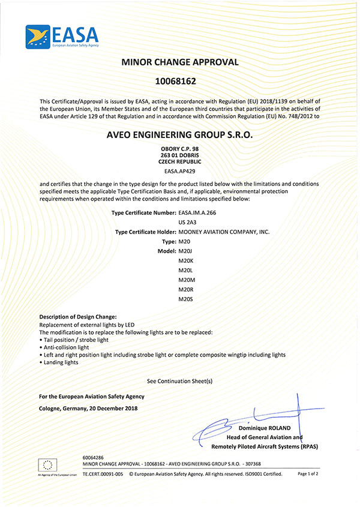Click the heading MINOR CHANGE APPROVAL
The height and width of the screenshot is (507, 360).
coord(180,62)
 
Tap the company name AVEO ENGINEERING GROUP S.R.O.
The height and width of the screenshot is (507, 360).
coord(180,136)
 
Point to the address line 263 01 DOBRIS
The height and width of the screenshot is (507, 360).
coord(180,155)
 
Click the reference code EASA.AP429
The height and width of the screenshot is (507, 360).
coord(180,171)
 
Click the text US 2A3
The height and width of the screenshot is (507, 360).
coord(188,222)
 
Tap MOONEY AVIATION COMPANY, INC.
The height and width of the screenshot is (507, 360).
coord(224,231)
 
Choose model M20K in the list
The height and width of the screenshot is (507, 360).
coord(186,260)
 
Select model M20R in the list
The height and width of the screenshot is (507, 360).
coord(186,289)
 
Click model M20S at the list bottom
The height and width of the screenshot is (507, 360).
coord(186,298)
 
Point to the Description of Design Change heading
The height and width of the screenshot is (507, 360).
coord(78,317)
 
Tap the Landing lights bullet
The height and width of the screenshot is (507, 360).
coord(61,362)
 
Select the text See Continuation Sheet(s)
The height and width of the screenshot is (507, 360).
coord(180,381)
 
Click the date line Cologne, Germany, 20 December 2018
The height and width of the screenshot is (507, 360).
coord(88,409)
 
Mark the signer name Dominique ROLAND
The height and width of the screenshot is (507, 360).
coord(264,428)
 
